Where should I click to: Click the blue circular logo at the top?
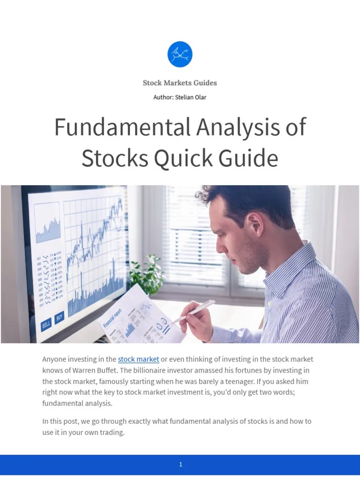180,54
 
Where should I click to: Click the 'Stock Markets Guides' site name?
180,83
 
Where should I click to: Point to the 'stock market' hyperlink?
138,360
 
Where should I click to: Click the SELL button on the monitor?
46,324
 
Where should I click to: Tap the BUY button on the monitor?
60,317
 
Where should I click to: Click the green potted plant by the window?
146,275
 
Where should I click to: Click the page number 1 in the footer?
180,465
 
